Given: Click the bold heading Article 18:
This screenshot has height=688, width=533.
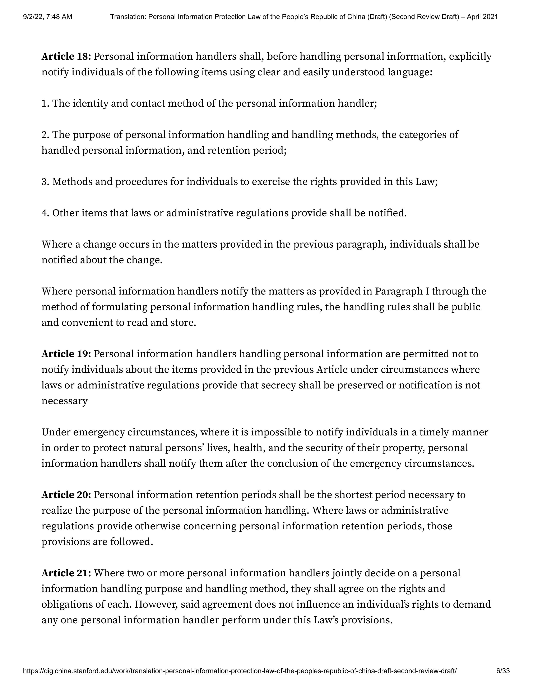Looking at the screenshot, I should [x=66, y=57].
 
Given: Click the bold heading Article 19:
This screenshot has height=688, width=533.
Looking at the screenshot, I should [x=66, y=354].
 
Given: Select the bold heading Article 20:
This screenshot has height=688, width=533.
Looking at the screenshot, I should [x=66, y=495].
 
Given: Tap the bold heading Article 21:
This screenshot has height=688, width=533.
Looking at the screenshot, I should [x=66, y=573].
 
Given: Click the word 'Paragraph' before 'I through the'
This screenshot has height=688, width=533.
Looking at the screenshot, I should [x=399, y=291].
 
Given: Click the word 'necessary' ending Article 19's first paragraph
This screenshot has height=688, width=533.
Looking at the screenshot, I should [x=64, y=401].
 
